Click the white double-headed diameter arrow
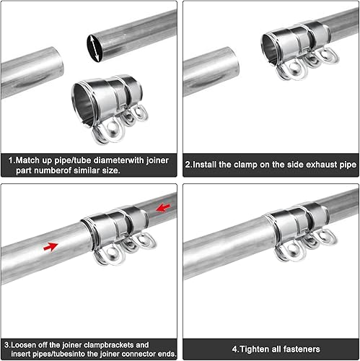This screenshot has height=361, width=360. click(x=94, y=48)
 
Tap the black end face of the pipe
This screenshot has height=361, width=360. click(x=95, y=48)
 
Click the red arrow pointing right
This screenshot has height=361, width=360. click(x=51, y=247)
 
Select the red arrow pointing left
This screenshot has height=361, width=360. click(x=163, y=208)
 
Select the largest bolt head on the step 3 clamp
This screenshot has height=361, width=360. click(x=112, y=252)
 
